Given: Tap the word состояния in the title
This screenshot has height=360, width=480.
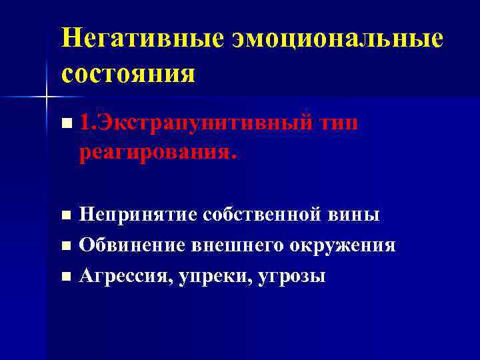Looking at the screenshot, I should pos(128,72).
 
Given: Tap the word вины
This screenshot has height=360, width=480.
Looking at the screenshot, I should pos(356,215).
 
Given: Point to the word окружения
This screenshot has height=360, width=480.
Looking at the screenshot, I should pos(342,245).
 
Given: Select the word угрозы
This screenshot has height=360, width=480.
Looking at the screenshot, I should pos(291,275).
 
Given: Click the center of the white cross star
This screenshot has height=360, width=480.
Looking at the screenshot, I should pos(46,98).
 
